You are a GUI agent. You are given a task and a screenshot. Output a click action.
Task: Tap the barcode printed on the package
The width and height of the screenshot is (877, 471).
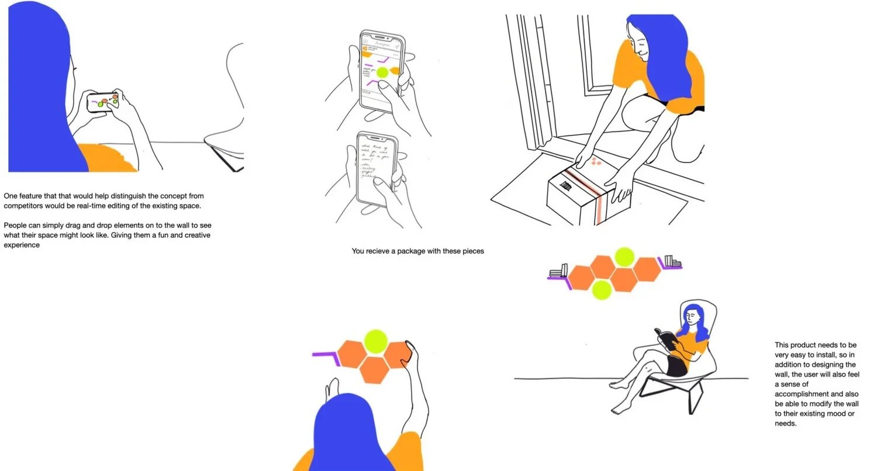point(567,186)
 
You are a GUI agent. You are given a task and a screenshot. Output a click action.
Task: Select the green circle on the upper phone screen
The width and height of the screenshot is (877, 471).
point(383,72)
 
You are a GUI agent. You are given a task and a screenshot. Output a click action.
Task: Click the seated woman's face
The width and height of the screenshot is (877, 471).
point(693,317)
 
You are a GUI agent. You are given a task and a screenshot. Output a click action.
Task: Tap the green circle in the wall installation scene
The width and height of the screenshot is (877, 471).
point(375,342)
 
